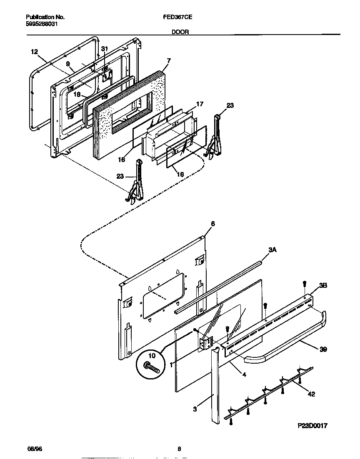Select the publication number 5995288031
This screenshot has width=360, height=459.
pyautogui.click(x=41, y=24)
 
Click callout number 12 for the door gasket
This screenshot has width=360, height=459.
pyautogui.click(x=34, y=52)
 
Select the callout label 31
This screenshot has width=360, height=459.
pyautogui.click(x=105, y=49)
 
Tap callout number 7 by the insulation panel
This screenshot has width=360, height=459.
pyautogui.click(x=168, y=61)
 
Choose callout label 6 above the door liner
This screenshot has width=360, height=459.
pyautogui.click(x=212, y=224)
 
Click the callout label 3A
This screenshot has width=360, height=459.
pyautogui.click(x=272, y=249)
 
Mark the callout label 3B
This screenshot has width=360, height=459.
pyautogui.click(x=323, y=286)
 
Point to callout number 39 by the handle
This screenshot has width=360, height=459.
pyautogui.click(x=323, y=350)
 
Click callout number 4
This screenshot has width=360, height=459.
pyautogui.click(x=244, y=374)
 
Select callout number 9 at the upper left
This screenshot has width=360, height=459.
pyautogui.click(x=67, y=64)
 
